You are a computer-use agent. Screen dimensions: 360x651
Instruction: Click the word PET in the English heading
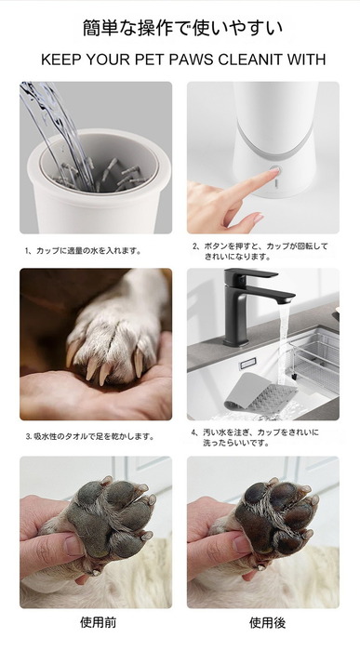[147, 60]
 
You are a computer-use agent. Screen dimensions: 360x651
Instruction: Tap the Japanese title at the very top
[182, 28]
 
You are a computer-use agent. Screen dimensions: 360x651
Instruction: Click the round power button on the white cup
[274, 170]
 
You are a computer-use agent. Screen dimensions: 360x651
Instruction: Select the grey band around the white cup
[273, 144]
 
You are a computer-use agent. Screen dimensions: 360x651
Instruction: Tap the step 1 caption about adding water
[83, 251]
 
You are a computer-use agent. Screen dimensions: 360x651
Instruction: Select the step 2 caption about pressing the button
[260, 252]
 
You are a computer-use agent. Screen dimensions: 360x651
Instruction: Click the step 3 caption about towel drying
[90, 437]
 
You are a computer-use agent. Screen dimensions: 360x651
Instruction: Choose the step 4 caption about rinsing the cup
[255, 438]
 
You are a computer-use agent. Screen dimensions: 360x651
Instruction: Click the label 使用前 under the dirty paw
[98, 622]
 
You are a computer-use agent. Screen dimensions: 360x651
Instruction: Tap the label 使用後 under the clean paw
[267, 623]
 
